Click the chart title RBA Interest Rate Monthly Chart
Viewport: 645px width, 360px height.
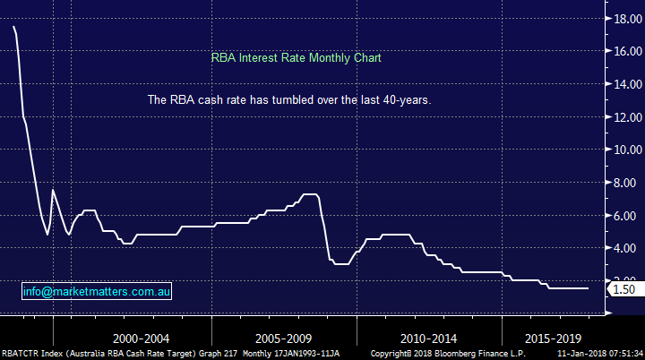click(x=297, y=58)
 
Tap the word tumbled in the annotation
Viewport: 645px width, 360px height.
click(x=291, y=100)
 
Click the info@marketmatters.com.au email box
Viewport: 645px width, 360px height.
click(x=98, y=292)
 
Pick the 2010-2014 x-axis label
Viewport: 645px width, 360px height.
click(x=427, y=340)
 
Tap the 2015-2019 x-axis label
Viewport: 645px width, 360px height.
click(x=552, y=340)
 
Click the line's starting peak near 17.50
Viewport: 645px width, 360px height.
click(x=14, y=27)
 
